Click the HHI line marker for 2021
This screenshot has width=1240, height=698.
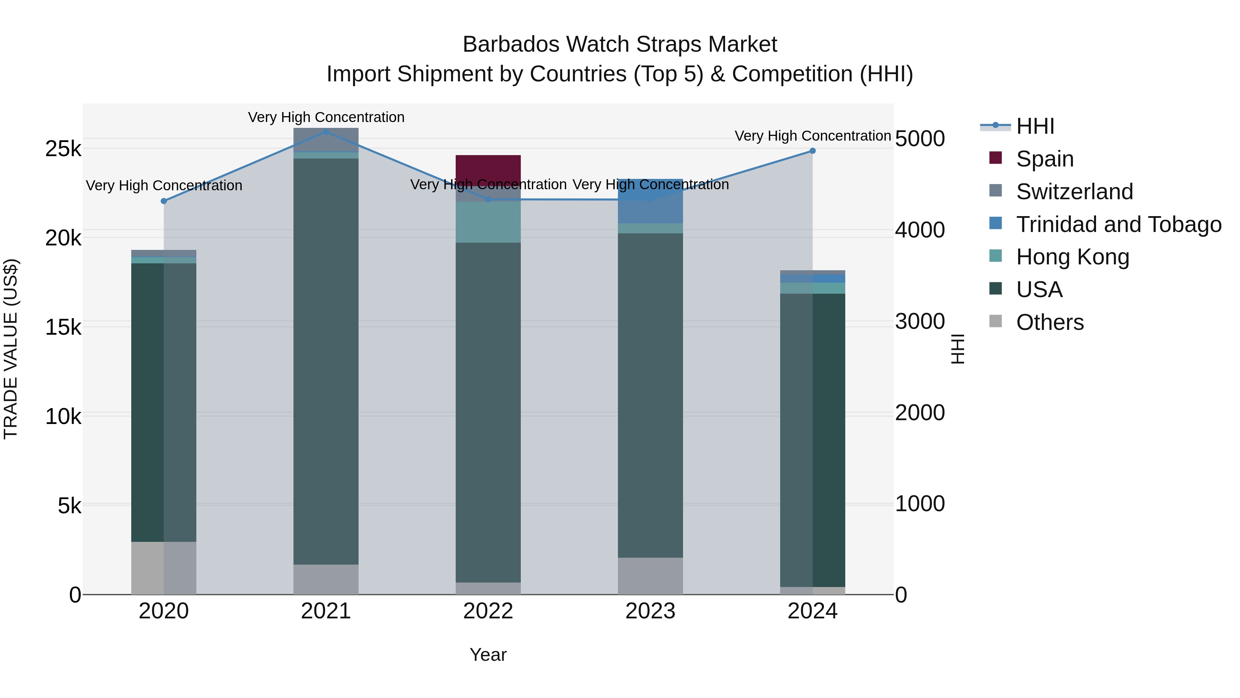[x=326, y=132]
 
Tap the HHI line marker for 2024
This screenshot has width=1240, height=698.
[x=813, y=151]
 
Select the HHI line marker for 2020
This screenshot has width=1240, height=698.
[x=164, y=201]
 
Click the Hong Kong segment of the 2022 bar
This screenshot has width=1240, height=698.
[x=488, y=222]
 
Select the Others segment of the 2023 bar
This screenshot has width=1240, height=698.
[x=650, y=576]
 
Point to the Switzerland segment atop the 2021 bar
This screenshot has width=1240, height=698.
[x=326, y=140]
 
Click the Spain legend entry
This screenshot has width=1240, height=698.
[x=1045, y=159]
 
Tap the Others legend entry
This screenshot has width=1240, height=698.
[x=1050, y=322]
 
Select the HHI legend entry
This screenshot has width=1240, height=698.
[x=1035, y=126]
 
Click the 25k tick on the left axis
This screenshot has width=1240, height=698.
[x=63, y=149]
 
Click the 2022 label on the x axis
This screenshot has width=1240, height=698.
[x=488, y=611]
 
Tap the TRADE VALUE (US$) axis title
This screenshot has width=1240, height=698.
[x=11, y=349]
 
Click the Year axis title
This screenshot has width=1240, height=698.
[x=488, y=655]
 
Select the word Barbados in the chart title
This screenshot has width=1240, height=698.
[x=511, y=44]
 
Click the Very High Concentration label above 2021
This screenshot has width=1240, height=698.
[x=326, y=117]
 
